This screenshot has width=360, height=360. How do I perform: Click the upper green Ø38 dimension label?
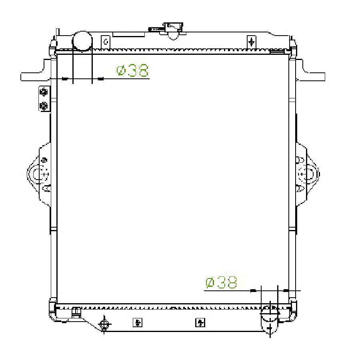[x=133, y=71]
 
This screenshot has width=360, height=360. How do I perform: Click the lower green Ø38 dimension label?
[x=221, y=283]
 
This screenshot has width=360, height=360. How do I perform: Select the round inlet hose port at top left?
[x=82, y=41]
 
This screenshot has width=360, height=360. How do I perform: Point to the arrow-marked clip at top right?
[x=251, y=42]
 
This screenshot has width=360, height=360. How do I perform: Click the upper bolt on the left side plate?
[x=44, y=92]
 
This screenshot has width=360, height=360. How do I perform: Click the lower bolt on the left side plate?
[x=44, y=106]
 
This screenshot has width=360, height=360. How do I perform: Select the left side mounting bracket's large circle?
[x=39, y=174]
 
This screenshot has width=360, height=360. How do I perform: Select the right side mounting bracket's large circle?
[x=307, y=174]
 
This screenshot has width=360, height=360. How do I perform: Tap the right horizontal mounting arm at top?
[x=314, y=76]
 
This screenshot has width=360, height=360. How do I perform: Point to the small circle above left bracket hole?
[x=44, y=160]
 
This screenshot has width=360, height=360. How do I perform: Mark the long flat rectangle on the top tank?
[x=128, y=34]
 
